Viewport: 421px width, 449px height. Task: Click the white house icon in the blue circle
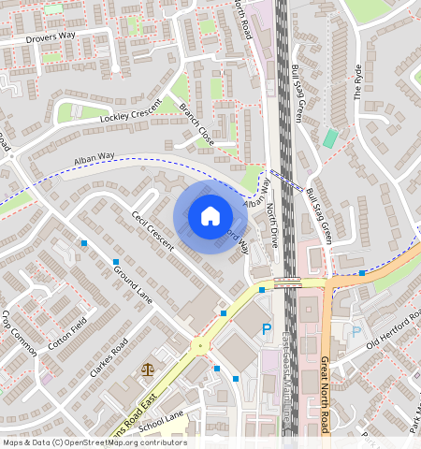tap(210, 216)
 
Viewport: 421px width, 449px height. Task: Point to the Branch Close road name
tap(196, 123)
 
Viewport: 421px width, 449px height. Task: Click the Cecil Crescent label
tap(152, 230)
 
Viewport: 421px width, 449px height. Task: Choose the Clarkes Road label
tap(106, 364)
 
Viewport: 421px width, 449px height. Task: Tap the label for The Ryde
tap(357, 82)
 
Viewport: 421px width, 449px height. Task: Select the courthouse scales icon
tap(147, 369)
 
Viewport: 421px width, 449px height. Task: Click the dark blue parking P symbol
tap(267, 328)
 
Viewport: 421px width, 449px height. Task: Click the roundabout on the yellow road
tap(199, 345)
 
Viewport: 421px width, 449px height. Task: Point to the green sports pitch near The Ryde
tap(330, 138)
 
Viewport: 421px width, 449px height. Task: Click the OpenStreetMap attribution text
tap(94, 442)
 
